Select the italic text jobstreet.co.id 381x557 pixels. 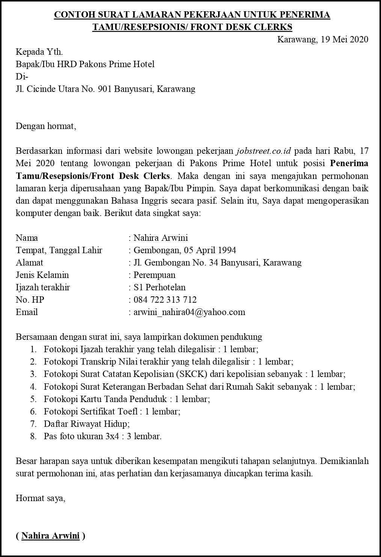tap(264, 151)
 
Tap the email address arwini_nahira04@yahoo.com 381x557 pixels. tap(189, 312)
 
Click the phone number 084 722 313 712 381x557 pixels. tap(165, 300)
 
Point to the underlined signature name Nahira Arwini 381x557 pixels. tap(50, 536)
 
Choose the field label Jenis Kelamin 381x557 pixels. tap(42, 275)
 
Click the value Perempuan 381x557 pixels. tap(154, 275)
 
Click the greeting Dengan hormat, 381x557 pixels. tap(46, 126)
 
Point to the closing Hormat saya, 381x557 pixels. tap(41, 498)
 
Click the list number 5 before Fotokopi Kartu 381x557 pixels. tap(33, 399)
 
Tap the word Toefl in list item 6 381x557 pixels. tap(128, 411)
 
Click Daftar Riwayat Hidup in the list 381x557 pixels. tap(86, 424)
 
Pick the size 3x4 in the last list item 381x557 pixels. tap(118, 436)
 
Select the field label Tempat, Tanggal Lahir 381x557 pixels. tap(59, 250)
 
